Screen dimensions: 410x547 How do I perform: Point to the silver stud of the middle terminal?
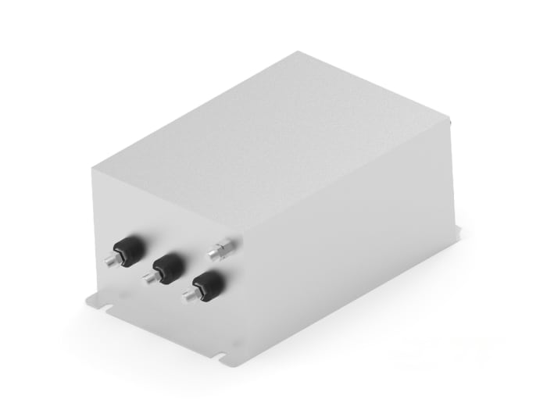click(x=148, y=277)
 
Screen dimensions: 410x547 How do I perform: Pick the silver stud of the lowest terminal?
click(x=189, y=296)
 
